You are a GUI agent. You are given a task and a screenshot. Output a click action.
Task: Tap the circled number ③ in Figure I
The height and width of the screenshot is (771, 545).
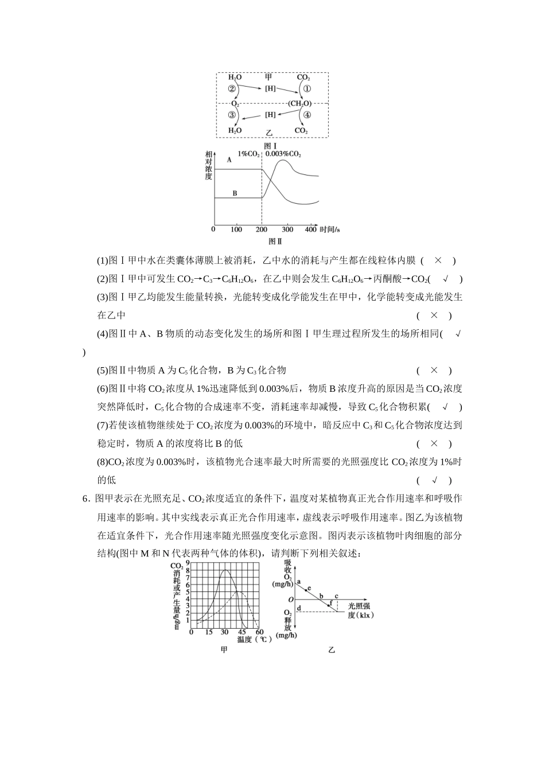coord(232,115)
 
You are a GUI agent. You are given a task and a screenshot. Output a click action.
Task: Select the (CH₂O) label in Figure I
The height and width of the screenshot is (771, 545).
coord(299,103)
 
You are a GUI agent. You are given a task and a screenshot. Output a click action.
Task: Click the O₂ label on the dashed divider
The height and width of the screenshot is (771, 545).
coord(235,103)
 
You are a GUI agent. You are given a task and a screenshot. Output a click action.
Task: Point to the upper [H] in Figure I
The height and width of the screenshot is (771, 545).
coord(270,89)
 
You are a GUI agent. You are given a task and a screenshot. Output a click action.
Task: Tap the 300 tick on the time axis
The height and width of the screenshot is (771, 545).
coord(287,229)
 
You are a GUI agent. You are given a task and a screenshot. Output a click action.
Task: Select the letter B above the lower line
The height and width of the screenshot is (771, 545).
coord(235,193)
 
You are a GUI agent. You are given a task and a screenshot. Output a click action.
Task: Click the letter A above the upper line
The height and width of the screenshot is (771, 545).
coord(229,160)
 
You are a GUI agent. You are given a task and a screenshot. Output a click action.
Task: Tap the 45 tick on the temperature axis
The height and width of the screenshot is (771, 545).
coord(243,632)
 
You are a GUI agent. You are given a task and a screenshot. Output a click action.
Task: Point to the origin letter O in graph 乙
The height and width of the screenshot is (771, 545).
coord(291,599)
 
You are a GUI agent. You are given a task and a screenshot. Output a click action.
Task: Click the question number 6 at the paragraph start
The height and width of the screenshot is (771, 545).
coord(85,499)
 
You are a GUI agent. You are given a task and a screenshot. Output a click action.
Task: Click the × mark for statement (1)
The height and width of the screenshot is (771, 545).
coord(438,260)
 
